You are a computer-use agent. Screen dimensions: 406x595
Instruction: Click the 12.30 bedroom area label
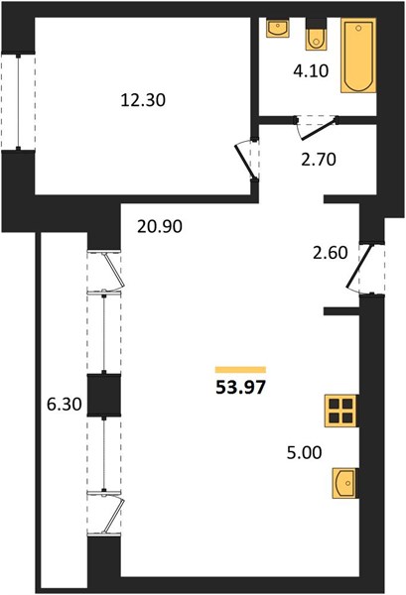[143, 100]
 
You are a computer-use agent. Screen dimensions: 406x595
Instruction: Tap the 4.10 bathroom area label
[311, 71]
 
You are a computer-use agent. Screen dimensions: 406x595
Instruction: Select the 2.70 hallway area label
[319, 160]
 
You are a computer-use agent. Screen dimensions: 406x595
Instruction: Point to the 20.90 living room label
[160, 226]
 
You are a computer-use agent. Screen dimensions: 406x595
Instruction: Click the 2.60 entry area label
[330, 253]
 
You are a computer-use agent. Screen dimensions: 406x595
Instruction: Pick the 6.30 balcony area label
[65, 405]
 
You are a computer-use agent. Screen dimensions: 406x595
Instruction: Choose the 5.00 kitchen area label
[304, 452]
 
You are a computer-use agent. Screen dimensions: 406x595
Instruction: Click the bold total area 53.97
[240, 388]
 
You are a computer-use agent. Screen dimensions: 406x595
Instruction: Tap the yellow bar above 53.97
[240, 370]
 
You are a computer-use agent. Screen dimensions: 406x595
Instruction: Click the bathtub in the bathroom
[358, 56]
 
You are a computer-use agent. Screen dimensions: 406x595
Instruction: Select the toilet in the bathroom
[316, 38]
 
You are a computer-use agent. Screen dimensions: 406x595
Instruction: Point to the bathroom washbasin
[278, 29]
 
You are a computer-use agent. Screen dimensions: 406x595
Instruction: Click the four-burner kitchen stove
[341, 411]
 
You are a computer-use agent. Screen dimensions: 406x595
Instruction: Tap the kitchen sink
[345, 483]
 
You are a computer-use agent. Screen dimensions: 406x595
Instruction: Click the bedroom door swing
[244, 160]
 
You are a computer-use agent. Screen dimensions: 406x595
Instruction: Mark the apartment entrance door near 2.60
[359, 269]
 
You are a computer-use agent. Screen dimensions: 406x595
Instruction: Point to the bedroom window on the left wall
[18, 101]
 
